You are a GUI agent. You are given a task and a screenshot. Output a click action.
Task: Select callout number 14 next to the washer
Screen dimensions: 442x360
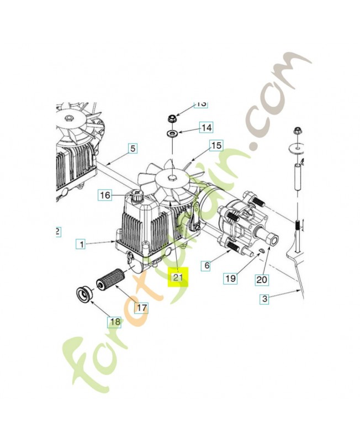(x=205, y=128)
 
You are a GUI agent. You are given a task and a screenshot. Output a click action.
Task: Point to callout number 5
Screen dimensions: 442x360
(x=133, y=148)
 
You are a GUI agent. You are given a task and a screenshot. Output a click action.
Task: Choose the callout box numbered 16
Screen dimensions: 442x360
(x=105, y=195)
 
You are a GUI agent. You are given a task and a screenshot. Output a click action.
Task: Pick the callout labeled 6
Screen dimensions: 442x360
(x=207, y=266)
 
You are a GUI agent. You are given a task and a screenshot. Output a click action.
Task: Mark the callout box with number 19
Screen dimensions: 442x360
(x=230, y=278)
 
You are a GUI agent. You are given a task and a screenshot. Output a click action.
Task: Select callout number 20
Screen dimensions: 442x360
(x=262, y=280)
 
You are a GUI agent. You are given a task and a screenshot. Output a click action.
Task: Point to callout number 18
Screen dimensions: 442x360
(x=114, y=322)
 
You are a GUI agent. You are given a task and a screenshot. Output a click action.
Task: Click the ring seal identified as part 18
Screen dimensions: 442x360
(x=84, y=294)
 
